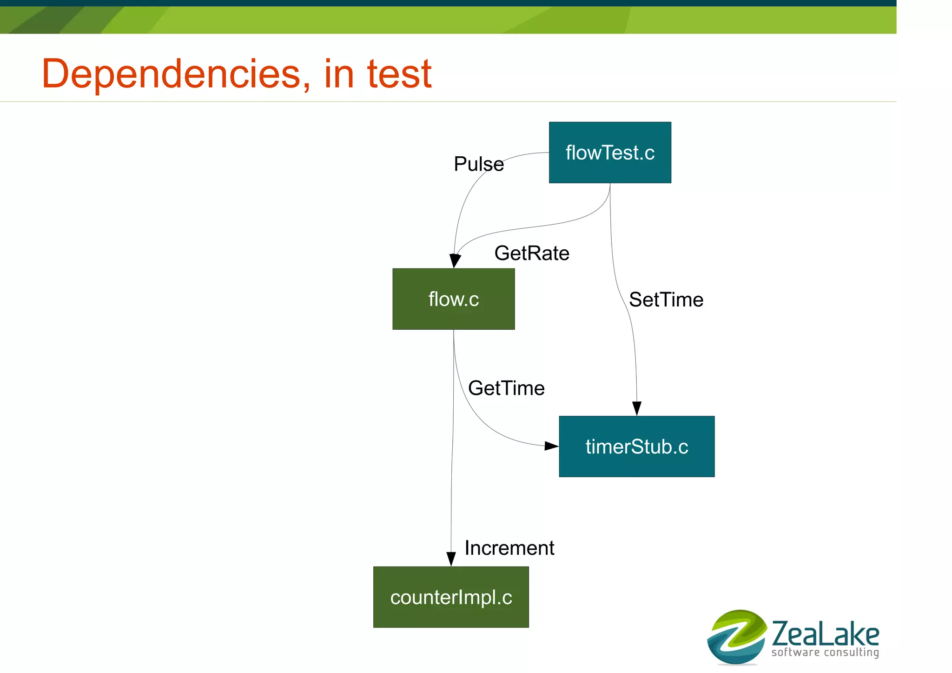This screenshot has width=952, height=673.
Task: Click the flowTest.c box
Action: coord(610,153)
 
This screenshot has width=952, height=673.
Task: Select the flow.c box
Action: coord(453,299)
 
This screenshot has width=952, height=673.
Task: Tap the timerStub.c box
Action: coord(636,446)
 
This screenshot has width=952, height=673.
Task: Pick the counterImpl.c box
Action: coord(451,597)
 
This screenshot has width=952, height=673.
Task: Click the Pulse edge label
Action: coord(478,164)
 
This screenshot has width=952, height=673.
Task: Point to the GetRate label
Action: coord(532,253)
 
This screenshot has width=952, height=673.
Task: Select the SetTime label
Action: coord(666,300)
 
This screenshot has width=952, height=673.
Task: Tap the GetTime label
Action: coord(506,388)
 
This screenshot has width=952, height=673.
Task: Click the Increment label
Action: coord(509,548)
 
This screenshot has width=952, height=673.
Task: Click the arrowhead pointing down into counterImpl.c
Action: coord(451,559)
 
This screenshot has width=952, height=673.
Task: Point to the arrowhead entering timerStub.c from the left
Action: coord(551,446)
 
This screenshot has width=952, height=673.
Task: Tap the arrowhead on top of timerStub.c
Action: coord(637,408)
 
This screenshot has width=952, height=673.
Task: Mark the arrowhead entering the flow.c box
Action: coord(455,261)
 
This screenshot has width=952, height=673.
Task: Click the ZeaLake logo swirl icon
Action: coord(737,637)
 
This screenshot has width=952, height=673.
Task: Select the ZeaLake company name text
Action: coord(825,633)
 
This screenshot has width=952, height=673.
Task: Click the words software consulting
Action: coord(825,653)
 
